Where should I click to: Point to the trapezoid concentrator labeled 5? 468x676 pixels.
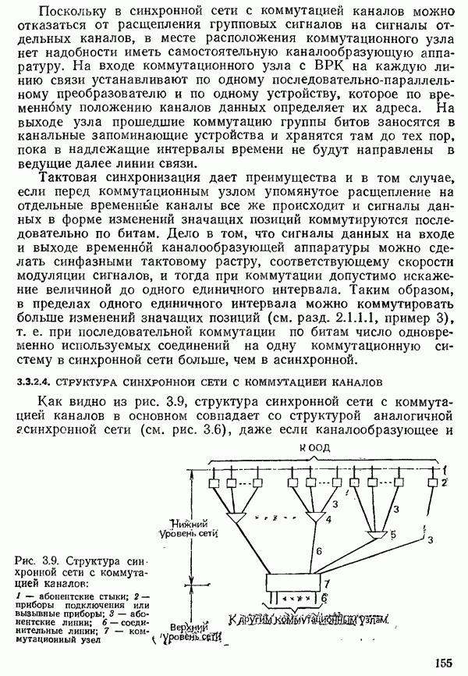coord(378,535)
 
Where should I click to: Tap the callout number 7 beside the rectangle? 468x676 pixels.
coord(328,583)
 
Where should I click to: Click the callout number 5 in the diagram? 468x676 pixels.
coord(393,535)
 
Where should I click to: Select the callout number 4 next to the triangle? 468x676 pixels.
coord(328,518)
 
